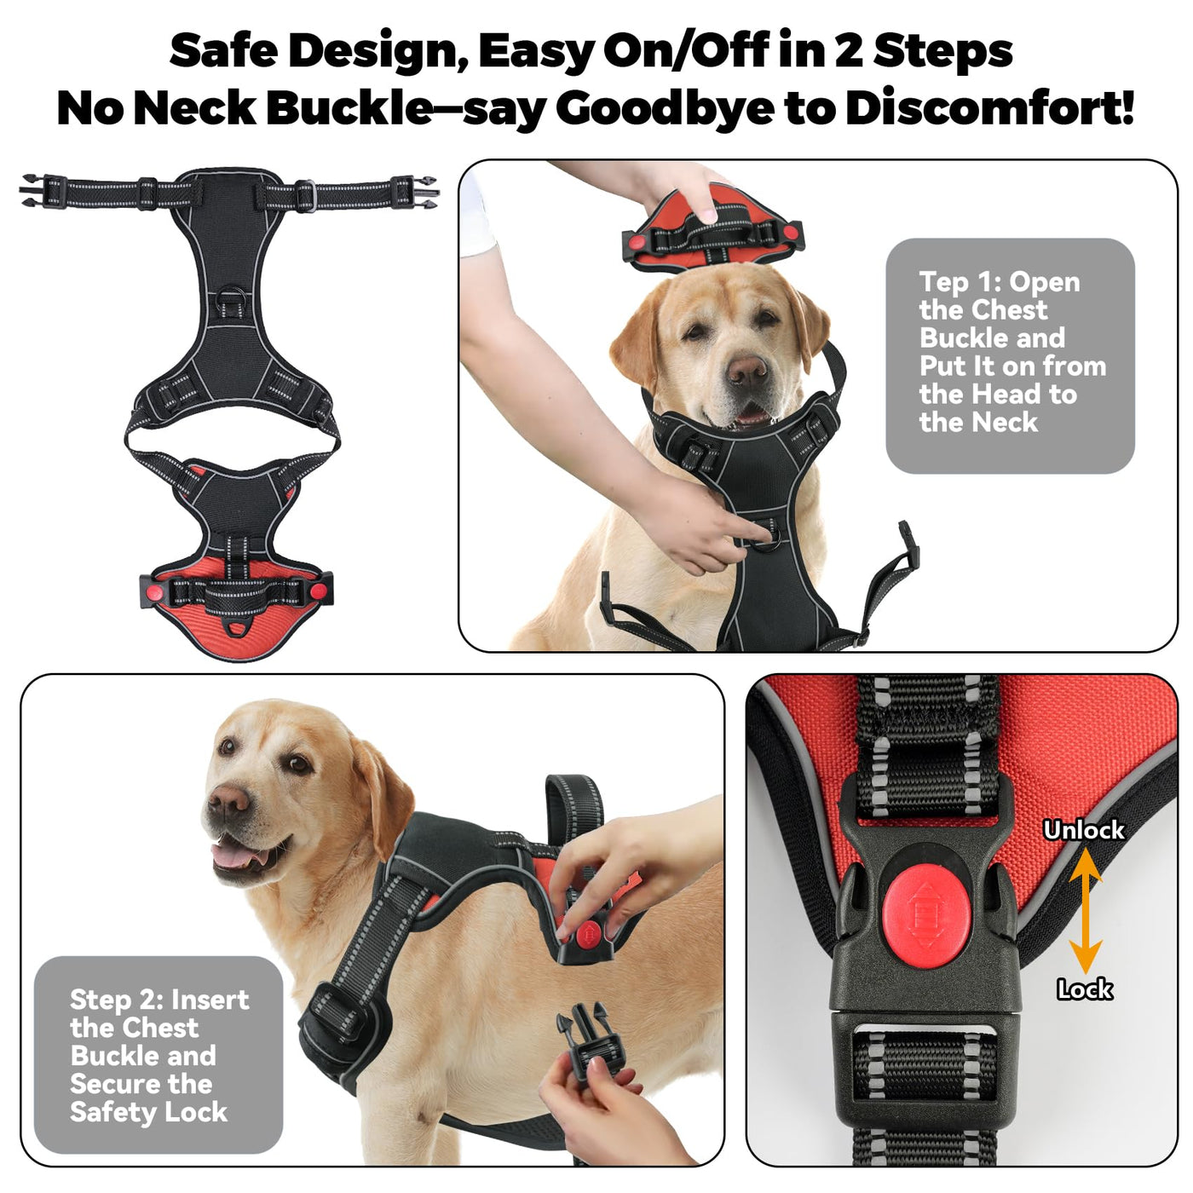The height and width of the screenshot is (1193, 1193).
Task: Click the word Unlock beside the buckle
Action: pyautogui.click(x=1083, y=830)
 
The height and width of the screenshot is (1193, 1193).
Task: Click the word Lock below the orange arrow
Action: pyautogui.click(x=1085, y=989)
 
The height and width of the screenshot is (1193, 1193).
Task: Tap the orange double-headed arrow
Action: pyautogui.click(x=1085, y=910)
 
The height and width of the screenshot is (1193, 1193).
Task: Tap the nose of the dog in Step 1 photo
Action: pyautogui.click(x=746, y=370)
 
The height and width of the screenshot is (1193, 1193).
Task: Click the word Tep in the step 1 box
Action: pyautogui.click(x=942, y=284)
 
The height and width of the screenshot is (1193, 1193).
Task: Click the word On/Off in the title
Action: pyautogui.click(x=687, y=51)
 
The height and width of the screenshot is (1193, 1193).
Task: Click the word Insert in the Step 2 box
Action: pyautogui.click(x=210, y=1000)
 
